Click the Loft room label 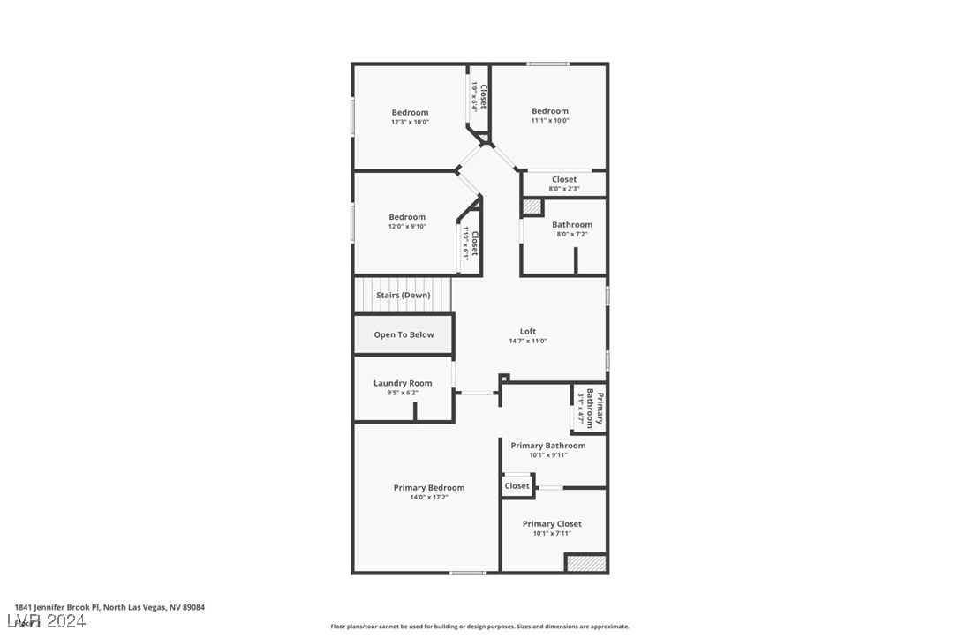528,332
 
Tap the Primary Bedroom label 429,488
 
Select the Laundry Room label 403,383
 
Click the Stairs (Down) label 404,295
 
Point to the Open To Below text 404,334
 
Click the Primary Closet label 552,524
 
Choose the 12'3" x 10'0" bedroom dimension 410,122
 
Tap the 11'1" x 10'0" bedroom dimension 550,120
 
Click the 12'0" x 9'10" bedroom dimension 407,227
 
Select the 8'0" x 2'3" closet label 564,188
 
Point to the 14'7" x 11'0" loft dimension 528,341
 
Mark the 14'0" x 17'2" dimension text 429,498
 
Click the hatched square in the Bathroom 532,206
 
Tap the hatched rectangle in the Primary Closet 585,563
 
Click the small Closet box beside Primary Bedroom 517,486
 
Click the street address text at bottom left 109,607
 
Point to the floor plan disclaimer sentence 479,627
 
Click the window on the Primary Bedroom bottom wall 467,573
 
